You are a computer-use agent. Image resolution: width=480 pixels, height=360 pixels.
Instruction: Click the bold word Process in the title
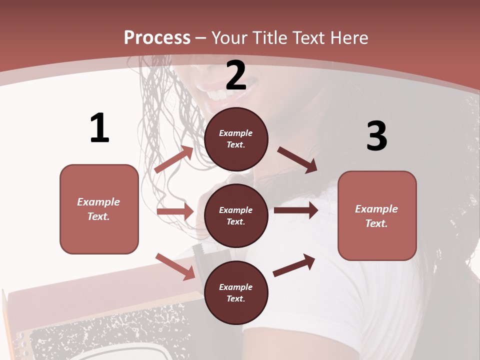tap(157, 37)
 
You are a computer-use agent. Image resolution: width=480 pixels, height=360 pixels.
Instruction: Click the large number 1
tap(99, 128)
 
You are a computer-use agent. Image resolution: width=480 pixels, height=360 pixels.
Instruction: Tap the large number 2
tap(236, 75)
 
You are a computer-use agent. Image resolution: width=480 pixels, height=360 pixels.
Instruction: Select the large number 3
tap(376, 136)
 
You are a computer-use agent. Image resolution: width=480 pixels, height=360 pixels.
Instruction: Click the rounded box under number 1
tap(99, 209)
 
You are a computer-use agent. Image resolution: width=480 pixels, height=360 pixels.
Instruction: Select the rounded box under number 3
tap(377, 215)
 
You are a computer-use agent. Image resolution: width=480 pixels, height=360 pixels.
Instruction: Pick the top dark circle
tap(236, 139)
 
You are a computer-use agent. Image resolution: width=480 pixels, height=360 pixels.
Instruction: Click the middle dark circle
tap(236, 215)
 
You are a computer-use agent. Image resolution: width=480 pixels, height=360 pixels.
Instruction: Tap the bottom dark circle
tap(236, 292)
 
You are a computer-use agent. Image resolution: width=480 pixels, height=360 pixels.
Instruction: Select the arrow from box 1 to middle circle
tap(175, 211)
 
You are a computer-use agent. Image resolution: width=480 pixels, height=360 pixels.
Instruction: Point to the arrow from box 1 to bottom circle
tap(175, 266)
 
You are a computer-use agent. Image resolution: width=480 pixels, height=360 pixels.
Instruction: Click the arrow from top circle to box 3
tap(297, 159)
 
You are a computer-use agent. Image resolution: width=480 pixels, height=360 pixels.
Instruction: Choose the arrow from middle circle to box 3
tap(295, 210)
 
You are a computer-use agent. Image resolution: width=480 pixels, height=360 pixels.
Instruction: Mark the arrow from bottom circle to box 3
tap(294, 265)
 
